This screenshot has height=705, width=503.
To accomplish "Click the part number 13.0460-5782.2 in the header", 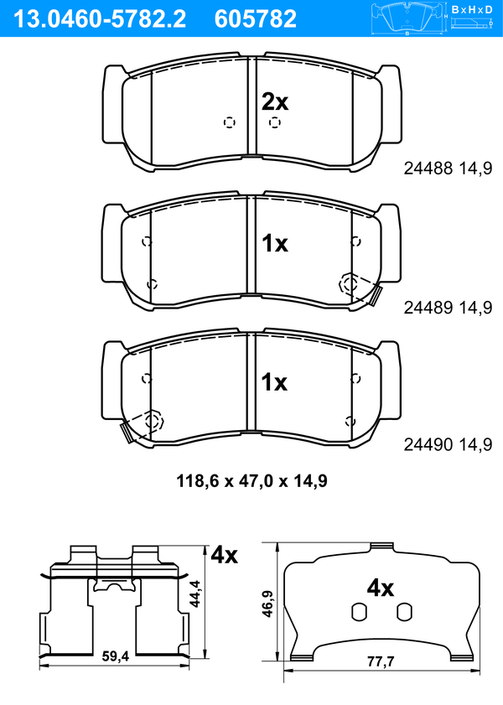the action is pyautogui.click(x=100, y=19).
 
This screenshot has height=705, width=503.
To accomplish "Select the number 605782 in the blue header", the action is pyautogui.click(x=256, y=19).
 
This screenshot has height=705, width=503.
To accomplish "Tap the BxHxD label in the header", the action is pyautogui.click(x=472, y=9).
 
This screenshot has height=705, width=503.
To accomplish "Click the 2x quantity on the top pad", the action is pyautogui.click(x=275, y=102).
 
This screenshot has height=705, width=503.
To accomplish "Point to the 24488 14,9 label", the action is pyautogui.click(x=448, y=168).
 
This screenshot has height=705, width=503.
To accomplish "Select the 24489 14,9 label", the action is pyautogui.click(x=448, y=308).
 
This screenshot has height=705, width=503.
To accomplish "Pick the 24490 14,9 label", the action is pyautogui.click(x=448, y=444).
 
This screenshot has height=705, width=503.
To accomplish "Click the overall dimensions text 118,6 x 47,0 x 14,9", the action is pyautogui.click(x=251, y=481).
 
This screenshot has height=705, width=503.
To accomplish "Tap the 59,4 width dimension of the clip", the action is pyautogui.click(x=116, y=656).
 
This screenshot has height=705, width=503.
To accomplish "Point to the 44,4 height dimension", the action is pyautogui.click(x=195, y=594).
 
